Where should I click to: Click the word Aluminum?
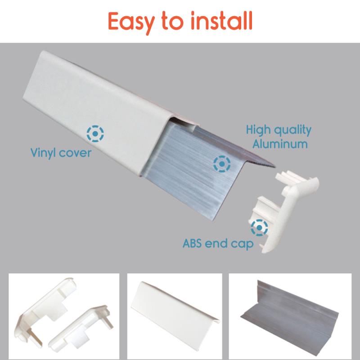tap(280, 144)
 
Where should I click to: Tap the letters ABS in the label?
tap(192, 243)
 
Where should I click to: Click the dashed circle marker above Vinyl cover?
tap(95, 133)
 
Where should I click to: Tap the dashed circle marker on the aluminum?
tap(222, 164)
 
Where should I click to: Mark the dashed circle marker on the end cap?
tap(259, 228)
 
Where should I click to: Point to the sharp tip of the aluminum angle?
tap(275, 166)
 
